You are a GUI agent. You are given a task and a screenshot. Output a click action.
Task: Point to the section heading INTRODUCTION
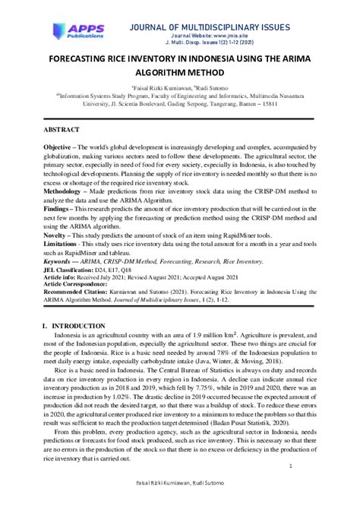(x=86, y=325)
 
